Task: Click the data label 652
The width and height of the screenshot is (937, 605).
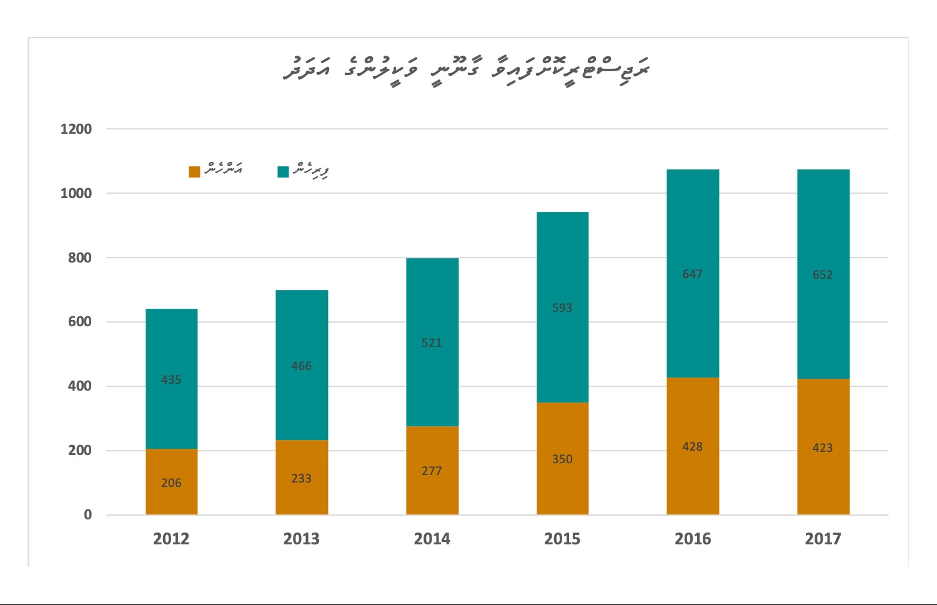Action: point(823,275)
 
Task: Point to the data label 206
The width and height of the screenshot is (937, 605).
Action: point(171,482)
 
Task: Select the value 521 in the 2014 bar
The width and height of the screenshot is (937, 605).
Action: point(432,342)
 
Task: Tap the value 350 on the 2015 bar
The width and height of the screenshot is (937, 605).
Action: point(562,459)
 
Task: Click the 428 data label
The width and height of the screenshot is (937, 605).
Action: point(693,446)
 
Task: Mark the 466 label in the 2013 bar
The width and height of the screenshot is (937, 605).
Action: point(301,366)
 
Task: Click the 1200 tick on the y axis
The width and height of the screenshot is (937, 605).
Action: point(76,129)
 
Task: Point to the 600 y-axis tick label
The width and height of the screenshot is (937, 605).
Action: point(80,322)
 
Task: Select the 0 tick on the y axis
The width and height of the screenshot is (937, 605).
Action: point(88,515)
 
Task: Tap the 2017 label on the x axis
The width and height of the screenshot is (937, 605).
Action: point(823,539)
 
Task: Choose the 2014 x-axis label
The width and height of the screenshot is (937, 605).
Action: point(432,539)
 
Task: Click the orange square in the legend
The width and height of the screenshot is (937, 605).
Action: point(194,171)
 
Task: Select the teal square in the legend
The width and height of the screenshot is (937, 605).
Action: point(283,171)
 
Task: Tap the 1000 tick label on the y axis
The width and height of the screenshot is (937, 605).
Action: point(76,194)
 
